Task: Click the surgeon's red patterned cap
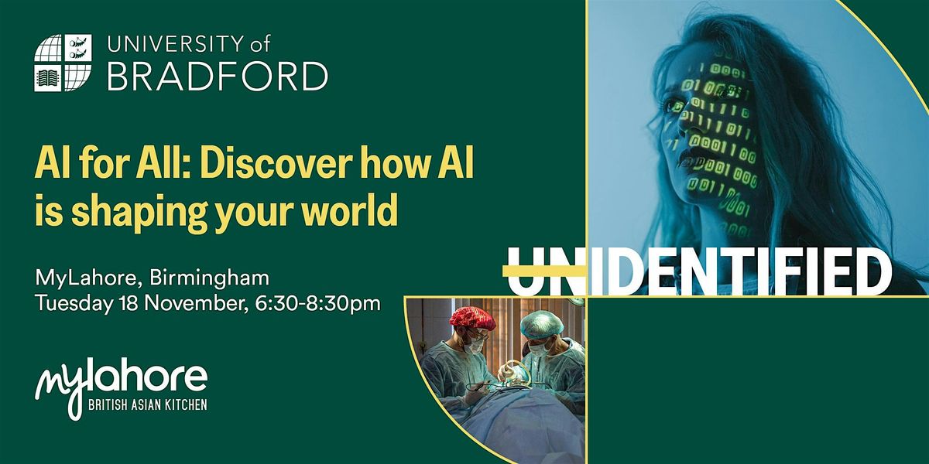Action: (474, 318)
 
